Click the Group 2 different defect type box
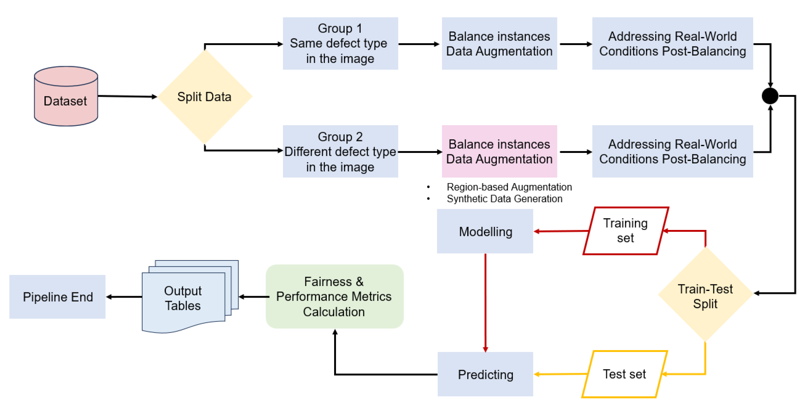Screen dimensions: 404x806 (340, 152)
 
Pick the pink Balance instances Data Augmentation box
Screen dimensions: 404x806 (499, 152)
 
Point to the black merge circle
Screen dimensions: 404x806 (770, 96)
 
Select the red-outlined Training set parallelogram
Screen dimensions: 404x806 (625, 231)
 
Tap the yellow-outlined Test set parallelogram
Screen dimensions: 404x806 (624, 374)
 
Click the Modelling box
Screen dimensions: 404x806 (485, 231)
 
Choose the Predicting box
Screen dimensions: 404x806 (485, 374)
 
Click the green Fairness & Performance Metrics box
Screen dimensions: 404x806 (334, 296)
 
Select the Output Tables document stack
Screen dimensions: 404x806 (185, 297)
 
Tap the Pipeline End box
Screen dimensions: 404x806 (57, 297)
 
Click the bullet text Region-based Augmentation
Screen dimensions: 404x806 (509, 187)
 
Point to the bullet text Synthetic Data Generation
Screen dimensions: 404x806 (504, 199)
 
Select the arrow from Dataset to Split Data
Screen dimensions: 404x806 (127, 96)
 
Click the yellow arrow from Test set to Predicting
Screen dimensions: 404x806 (560, 374)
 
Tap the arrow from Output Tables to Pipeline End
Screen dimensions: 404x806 (124, 297)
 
